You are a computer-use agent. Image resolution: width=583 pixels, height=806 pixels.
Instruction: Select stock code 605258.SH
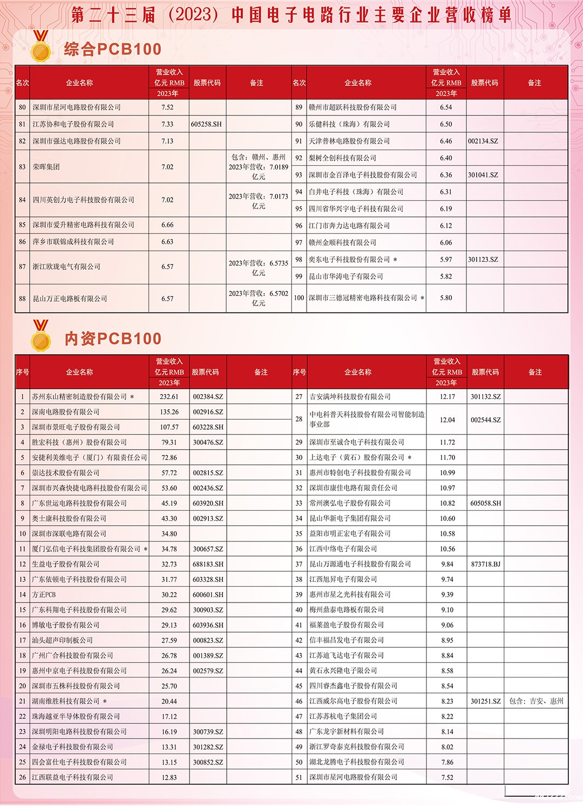(206, 124)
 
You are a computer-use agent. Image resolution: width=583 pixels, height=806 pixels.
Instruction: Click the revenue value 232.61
(169, 397)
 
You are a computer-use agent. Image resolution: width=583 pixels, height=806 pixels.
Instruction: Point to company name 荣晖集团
(46, 167)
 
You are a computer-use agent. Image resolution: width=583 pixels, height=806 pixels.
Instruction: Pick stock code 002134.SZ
(483, 141)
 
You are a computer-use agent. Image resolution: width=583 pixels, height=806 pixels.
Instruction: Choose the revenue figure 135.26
(169, 412)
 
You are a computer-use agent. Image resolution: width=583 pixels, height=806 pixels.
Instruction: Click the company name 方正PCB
(44, 595)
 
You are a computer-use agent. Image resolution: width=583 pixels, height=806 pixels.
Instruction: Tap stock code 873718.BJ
(485, 564)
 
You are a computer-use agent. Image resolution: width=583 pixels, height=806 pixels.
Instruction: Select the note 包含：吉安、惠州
(536, 701)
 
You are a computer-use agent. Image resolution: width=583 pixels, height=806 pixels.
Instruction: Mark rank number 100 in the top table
(299, 298)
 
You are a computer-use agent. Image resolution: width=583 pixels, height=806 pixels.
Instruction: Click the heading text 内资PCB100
(113, 339)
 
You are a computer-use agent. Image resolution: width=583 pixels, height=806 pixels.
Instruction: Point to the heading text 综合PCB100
(113, 50)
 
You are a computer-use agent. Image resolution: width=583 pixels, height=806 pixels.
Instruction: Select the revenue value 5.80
(446, 298)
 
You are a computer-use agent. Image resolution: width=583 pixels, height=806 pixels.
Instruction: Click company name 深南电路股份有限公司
(65, 412)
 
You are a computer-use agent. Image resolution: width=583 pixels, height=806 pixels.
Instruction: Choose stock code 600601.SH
(208, 595)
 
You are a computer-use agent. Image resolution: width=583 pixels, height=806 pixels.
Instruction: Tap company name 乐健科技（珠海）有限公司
(349, 124)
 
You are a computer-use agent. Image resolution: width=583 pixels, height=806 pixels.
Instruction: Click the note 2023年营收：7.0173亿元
(258, 201)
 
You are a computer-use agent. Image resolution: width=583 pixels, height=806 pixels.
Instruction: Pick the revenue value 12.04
(447, 420)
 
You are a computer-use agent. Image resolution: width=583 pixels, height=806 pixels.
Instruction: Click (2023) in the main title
(193, 15)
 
